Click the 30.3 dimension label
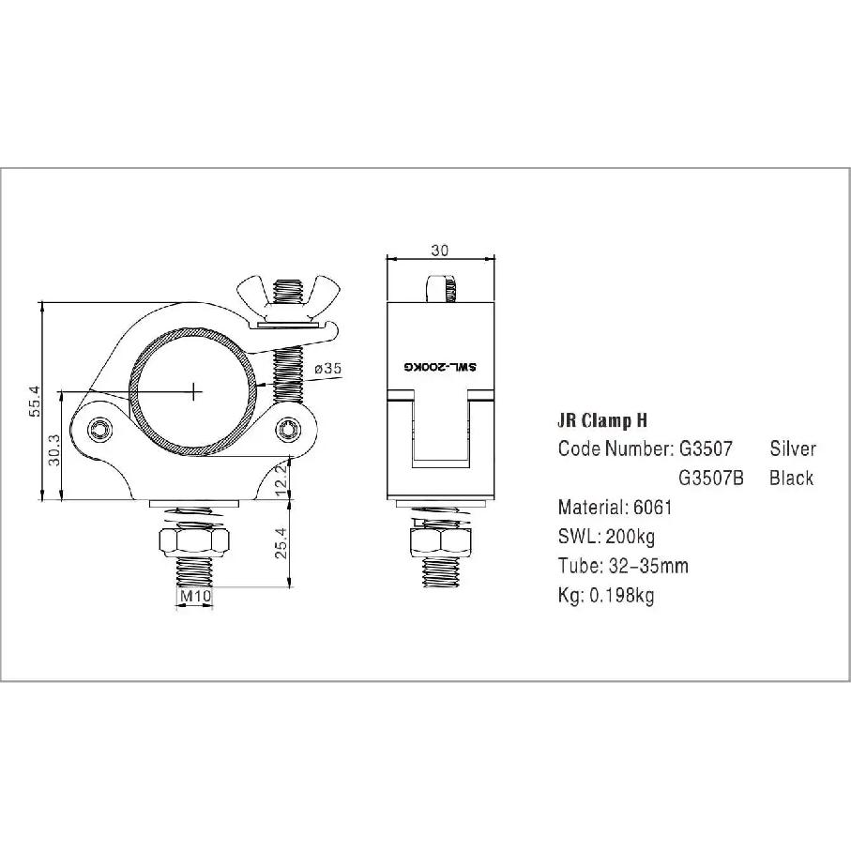click(x=54, y=450)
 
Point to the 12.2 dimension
click(x=281, y=479)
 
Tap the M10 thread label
click(x=195, y=596)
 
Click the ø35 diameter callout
click(x=327, y=369)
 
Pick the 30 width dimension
click(x=440, y=251)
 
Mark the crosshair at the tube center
click(x=194, y=390)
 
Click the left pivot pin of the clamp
click(x=99, y=430)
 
